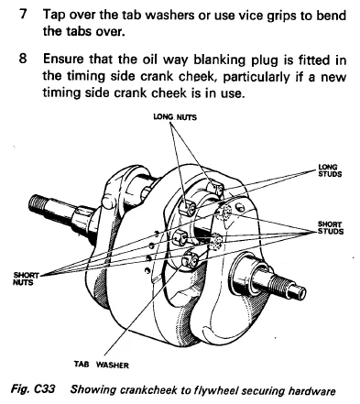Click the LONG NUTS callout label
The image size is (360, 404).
175,117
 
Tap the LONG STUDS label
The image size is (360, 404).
330,170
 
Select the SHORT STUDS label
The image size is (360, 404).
331,228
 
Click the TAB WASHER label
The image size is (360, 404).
102,365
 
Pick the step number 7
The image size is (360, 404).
23,14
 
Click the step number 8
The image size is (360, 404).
23,59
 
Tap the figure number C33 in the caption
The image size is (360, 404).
45,389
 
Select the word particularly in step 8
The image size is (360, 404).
256,77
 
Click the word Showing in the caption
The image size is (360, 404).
93,390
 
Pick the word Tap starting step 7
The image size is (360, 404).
54,16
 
